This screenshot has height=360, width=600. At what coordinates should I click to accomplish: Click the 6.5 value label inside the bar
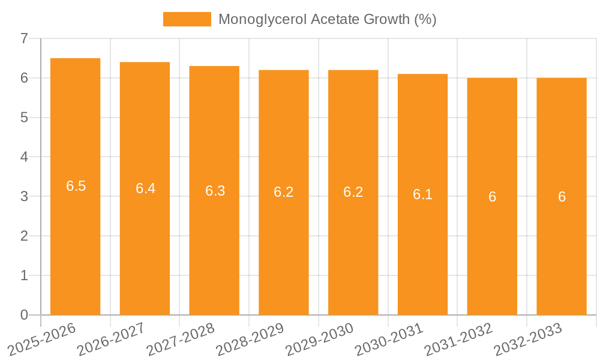(x=76, y=186)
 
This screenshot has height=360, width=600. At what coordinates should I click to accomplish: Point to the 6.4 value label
(x=145, y=188)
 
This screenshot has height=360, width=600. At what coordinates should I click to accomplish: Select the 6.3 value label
(x=215, y=191)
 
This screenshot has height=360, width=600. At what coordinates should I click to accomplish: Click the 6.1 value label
(x=422, y=194)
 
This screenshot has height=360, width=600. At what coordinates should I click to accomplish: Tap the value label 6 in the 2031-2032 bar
(x=492, y=197)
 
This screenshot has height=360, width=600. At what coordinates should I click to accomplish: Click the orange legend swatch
(x=187, y=19)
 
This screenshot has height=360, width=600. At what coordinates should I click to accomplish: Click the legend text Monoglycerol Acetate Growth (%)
(x=327, y=19)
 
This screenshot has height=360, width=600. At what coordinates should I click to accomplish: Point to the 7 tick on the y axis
(x=24, y=38)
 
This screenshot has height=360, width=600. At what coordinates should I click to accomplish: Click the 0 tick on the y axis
(x=24, y=315)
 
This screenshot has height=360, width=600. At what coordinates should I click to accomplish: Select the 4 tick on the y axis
(x=24, y=157)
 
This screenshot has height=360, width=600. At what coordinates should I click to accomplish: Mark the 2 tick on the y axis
(x=24, y=236)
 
